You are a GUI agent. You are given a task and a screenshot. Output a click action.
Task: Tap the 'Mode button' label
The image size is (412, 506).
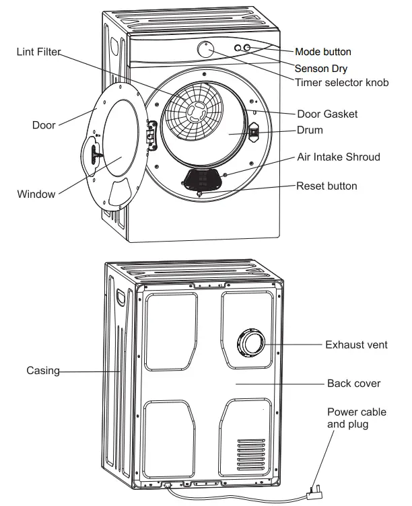click(x=323, y=52)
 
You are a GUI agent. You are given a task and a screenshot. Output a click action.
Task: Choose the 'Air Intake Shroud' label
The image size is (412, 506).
click(x=339, y=157)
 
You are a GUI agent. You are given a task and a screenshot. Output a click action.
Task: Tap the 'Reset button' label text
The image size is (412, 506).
click(x=327, y=186)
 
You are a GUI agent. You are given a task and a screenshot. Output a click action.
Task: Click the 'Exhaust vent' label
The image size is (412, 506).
click(x=356, y=345)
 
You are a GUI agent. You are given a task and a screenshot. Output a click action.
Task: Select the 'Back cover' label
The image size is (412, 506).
click(x=353, y=384)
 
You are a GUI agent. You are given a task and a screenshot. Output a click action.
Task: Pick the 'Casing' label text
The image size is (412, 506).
click(x=42, y=370)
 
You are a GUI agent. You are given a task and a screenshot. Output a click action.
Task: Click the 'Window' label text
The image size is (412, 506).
click(x=36, y=194)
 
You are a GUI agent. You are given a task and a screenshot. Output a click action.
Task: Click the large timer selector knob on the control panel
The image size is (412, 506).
click(x=206, y=49)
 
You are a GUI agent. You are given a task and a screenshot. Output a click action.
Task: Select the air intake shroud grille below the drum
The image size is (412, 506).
click(x=203, y=178)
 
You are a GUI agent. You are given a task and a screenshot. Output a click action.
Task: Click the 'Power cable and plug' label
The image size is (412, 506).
click(x=347, y=418)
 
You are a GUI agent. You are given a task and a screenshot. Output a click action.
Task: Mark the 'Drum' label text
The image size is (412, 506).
click(x=310, y=130)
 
